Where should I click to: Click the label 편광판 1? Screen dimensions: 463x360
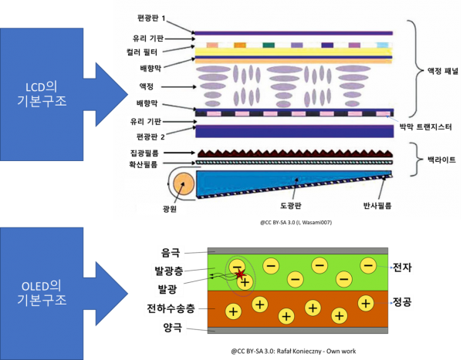(x=151, y=18)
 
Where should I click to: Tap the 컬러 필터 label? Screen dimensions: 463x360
(x=142, y=52)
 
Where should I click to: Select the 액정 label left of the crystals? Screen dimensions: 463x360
(x=146, y=86)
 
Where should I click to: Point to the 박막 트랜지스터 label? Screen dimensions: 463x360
(x=425, y=127)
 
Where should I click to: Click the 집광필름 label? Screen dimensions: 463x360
(x=144, y=153)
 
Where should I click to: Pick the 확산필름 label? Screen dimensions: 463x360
(x=144, y=164)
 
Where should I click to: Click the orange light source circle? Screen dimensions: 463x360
(x=184, y=183)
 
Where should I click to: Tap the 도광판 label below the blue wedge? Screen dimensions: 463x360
(x=291, y=205)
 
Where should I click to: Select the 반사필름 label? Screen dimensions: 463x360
(x=377, y=206)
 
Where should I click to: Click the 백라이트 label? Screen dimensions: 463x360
(x=441, y=160)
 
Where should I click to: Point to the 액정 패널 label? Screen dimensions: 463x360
(x=443, y=71)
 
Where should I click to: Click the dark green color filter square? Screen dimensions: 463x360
(x=269, y=45)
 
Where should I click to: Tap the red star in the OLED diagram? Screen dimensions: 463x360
(x=241, y=274)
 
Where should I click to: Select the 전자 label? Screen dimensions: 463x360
(x=402, y=267)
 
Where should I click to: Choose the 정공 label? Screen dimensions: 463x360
(x=402, y=301)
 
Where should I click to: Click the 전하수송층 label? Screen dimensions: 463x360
(x=171, y=308)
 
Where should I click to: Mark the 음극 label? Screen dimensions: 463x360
(x=171, y=252)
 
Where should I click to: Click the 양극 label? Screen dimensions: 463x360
(x=173, y=328)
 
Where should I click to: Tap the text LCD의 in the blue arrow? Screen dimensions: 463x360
(x=42, y=87)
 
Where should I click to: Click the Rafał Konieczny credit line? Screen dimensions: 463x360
(x=293, y=352)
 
